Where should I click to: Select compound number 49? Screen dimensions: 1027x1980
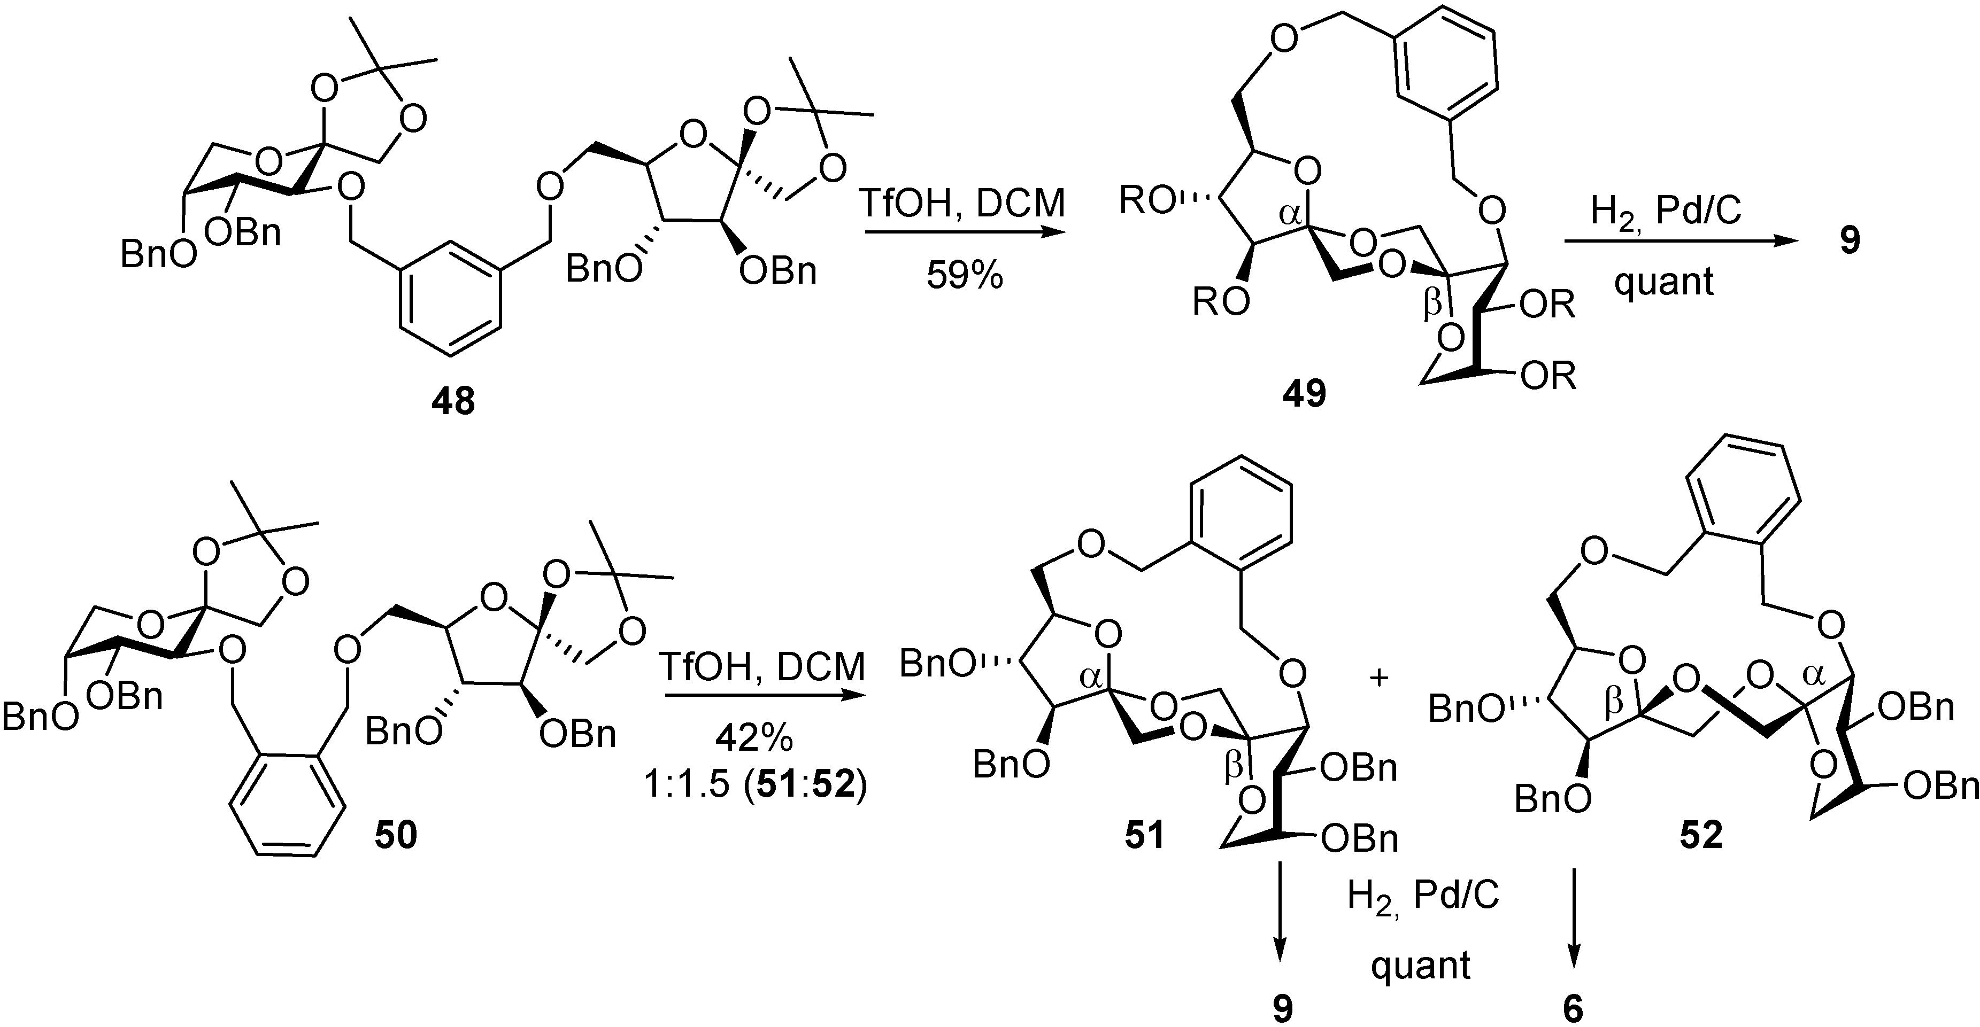tap(1304, 394)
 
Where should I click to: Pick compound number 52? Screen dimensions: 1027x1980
tap(1700, 835)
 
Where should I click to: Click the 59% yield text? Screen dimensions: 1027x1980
tap(965, 274)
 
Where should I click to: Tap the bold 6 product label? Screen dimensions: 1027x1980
tap(1573, 1008)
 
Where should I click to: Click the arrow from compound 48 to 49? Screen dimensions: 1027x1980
tap(965, 233)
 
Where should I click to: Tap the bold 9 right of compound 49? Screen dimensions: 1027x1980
tap(1848, 240)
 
